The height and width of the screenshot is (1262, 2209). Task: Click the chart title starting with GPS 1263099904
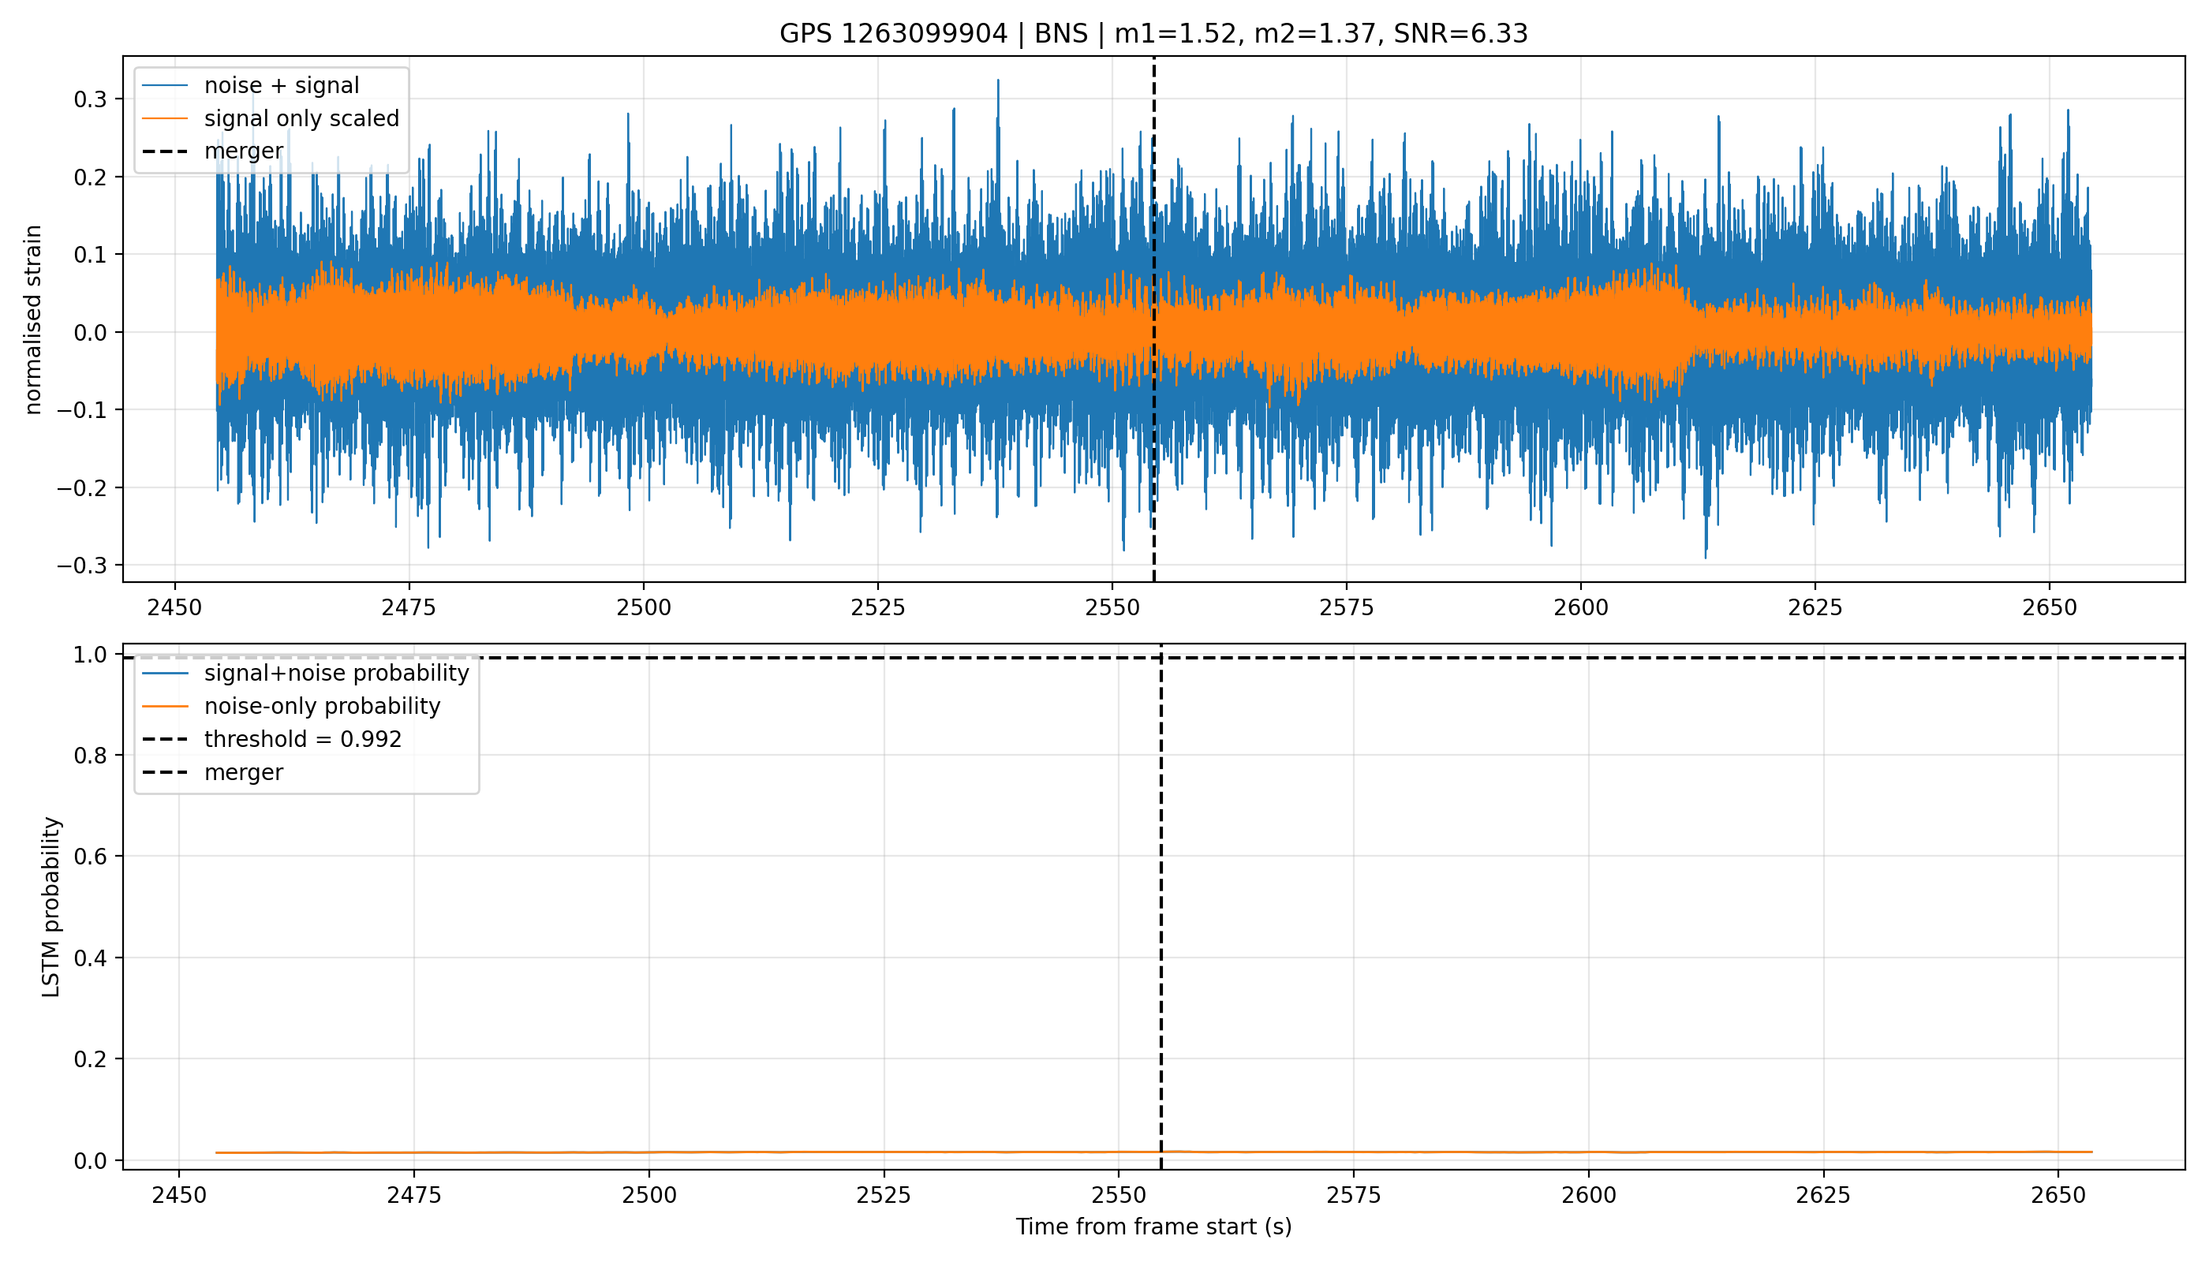[1153, 34]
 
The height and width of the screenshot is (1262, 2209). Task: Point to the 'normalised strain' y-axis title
[33, 319]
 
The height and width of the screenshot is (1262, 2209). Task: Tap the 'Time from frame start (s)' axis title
[1154, 1227]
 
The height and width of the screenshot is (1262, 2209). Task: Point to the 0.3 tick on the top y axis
[91, 99]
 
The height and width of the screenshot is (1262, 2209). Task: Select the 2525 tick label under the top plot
[877, 607]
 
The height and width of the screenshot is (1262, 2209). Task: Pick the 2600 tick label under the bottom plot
[1588, 1195]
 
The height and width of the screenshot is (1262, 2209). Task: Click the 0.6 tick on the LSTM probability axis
[91, 857]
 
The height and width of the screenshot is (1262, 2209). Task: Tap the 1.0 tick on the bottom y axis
[91, 655]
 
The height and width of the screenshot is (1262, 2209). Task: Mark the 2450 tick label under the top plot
[175, 607]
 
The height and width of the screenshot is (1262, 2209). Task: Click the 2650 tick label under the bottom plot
[2058, 1195]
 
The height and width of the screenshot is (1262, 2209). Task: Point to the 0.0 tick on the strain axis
[91, 333]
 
